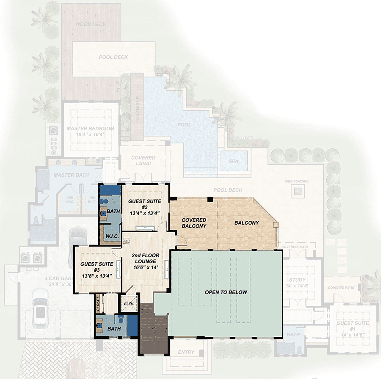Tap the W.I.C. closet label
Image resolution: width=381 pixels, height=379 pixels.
coord(111,235)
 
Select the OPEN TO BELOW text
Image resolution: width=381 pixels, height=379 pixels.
coord(226,292)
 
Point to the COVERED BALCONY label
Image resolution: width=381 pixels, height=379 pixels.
coord(194,223)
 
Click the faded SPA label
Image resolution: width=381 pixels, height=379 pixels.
coord(233,162)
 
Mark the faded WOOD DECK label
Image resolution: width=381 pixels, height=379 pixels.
coord(91,24)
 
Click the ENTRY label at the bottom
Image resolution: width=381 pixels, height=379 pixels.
coord(186,352)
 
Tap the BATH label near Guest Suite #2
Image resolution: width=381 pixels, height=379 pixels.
coord(113,211)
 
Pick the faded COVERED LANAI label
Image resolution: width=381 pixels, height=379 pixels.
coord(143,161)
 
